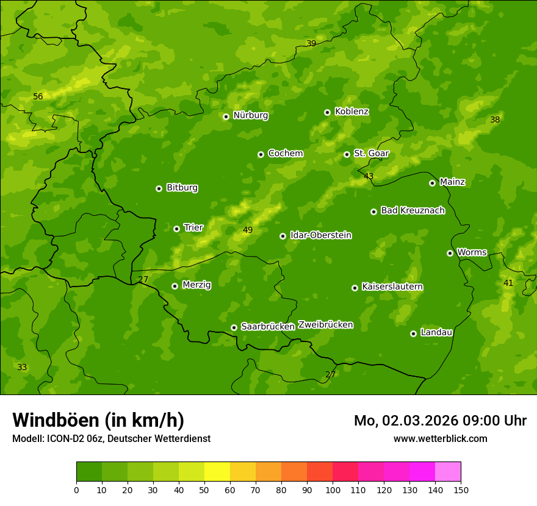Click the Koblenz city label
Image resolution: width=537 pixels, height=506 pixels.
point(351,112)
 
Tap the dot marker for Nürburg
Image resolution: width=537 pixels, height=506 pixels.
point(226,116)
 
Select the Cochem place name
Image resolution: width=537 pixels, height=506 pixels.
point(285,154)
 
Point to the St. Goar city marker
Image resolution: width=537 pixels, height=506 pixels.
point(347,154)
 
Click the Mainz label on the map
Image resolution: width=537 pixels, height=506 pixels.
point(452,182)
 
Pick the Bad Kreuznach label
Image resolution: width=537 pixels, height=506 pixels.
point(413,211)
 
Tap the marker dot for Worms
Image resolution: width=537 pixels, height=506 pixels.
point(450,253)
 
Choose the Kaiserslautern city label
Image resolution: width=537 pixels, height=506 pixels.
point(392,287)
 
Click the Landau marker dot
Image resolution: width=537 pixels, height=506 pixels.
point(413,333)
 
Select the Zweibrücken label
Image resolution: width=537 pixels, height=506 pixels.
point(325,325)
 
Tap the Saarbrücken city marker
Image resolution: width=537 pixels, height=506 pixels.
point(234,327)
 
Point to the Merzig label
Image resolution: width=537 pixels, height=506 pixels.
point(196,285)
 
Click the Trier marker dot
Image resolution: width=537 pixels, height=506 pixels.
point(176,229)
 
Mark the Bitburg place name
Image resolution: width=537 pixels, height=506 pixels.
point(182,188)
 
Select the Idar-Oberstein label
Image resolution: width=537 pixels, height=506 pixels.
point(320,235)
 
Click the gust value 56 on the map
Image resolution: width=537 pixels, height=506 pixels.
point(38,97)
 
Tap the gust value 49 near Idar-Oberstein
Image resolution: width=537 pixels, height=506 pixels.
point(248,230)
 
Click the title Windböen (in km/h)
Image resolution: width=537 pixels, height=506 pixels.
point(98,420)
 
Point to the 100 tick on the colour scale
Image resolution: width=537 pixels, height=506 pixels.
point(333,490)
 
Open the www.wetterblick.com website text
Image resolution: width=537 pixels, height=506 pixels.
point(440,438)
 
